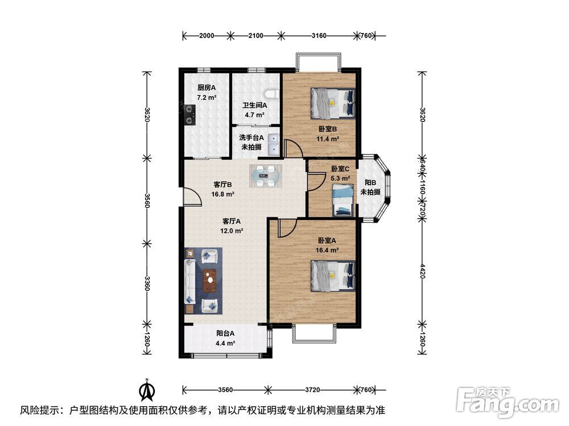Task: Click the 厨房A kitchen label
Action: [207, 87]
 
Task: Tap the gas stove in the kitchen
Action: [190, 115]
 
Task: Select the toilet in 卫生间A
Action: [272, 94]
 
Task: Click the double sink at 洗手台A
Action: [274, 144]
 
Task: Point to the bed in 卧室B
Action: [333, 103]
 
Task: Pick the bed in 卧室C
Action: [343, 201]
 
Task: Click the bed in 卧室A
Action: [333, 277]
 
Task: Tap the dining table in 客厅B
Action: [266, 176]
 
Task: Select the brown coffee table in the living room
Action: [210, 281]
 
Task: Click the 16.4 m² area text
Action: [327, 250]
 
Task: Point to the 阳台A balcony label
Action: [225, 333]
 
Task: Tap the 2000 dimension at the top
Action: [207, 35]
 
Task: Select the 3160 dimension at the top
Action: [319, 35]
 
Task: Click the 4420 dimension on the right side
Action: [422, 271]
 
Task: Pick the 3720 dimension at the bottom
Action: [312, 390]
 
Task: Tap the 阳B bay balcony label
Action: [370, 182]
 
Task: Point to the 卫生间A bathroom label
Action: [255, 106]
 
